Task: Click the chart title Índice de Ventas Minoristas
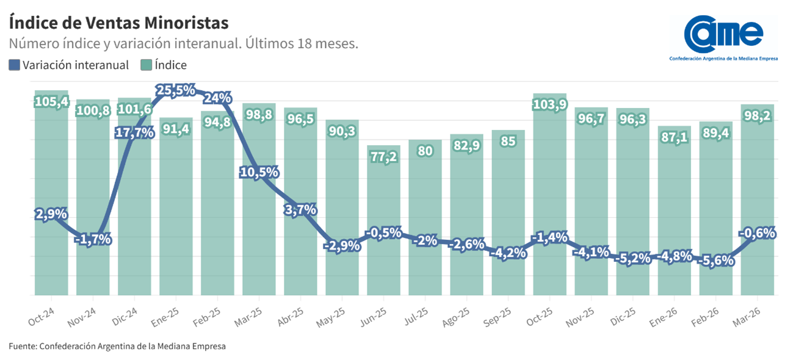118,23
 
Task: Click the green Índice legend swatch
147,65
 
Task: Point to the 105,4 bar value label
51,101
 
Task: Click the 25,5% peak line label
176,90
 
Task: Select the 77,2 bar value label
383,157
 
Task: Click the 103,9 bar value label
549,104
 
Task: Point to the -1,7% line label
93,239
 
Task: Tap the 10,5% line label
259,172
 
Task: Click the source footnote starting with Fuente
117,346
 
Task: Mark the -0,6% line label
757,232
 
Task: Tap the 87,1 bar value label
674,138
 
